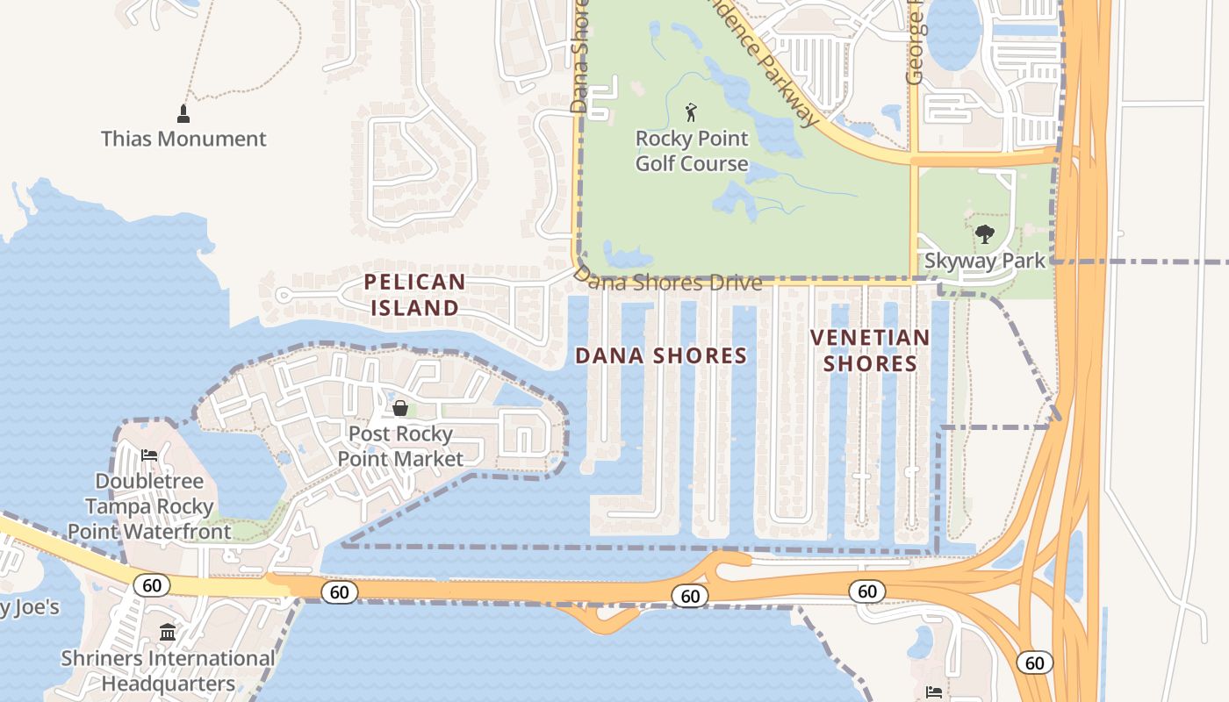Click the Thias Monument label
183,139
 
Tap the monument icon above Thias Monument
183,113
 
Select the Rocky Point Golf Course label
692,151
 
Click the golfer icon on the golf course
691,112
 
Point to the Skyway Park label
985,261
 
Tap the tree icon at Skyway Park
985,234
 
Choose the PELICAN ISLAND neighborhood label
414,295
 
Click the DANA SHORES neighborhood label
661,355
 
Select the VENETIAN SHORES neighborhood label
869,350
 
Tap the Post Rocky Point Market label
400,446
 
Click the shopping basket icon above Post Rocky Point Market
400,408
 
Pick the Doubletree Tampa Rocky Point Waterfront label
149,506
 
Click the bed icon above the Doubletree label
149,455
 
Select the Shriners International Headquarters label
168,670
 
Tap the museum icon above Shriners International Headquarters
168,632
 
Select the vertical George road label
915,44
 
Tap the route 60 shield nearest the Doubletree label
152,585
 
